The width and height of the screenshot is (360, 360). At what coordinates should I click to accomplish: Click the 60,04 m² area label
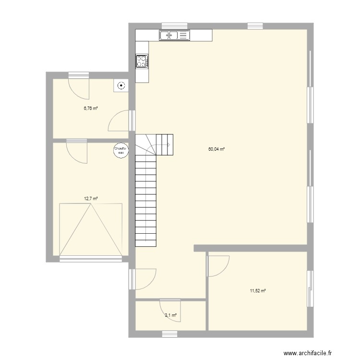pos(216,149)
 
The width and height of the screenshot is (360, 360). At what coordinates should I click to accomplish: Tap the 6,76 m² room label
pos(91,108)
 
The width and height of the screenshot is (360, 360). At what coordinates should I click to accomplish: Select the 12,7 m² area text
pos(91,198)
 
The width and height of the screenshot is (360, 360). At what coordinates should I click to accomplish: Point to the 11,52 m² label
pos(258,290)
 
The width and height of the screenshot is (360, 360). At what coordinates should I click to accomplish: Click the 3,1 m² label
pos(171,315)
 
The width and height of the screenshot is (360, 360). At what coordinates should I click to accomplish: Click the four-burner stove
pos(142,60)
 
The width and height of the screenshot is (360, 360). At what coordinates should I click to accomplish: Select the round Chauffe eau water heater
pos(120,150)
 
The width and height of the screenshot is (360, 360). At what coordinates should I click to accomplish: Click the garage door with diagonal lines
pos(90,229)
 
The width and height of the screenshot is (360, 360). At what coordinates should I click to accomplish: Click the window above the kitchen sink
pos(174,25)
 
